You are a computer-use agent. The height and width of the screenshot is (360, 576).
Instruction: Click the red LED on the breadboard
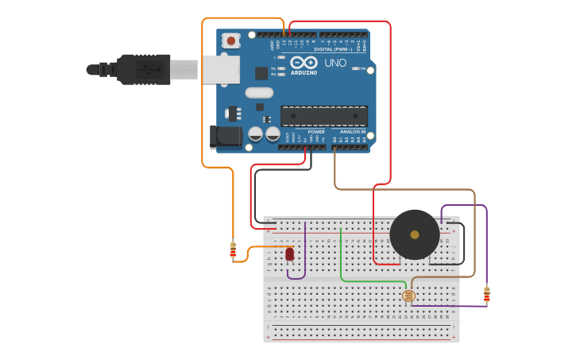pyautogui.click(x=289, y=254)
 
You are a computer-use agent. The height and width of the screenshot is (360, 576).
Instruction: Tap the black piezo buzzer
pyautogui.click(x=414, y=234)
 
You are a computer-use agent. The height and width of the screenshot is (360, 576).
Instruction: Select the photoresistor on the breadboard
pyautogui.click(x=408, y=296)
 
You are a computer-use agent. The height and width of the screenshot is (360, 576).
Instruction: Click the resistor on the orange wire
pyautogui.click(x=233, y=251)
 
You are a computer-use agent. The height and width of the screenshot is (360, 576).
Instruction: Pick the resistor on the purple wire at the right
pyautogui.click(x=487, y=295)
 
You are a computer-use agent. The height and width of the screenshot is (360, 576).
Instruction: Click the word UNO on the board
pyautogui.click(x=335, y=63)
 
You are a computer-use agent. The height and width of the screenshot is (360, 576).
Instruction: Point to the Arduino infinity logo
pyautogui.click(x=303, y=62)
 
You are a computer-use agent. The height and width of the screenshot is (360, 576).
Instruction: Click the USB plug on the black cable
pyautogui.click(x=144, y=69)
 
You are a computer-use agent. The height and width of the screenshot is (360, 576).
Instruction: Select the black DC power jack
pyautogui.click(x=226, y=136)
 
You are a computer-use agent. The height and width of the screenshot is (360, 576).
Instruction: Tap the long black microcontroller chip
pyautogui.click(x=324, y=116)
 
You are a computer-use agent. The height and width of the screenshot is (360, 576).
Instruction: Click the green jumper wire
pyautogui.click(x=341, y=262)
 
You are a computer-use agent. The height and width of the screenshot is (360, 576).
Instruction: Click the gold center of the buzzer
pyautogui.click(x=414, y=234)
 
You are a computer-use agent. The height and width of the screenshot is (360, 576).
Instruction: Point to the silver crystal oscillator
pyautogui.click(x=259, y=92)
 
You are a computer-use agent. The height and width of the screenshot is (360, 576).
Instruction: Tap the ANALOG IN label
pyautogui.click(x=353, y=132)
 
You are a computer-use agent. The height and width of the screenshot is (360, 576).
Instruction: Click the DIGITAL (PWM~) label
pyautogui.click(x=334, y=49)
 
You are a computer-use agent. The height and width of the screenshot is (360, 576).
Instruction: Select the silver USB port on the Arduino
pyautogui.click(x=220, y=69)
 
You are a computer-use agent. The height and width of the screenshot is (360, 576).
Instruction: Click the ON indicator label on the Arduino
pyautogui.click(x=363, y=68)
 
